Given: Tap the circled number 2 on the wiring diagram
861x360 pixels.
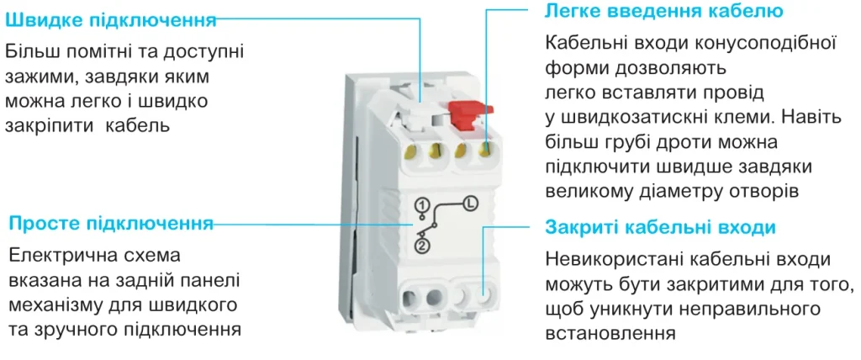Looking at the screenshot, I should (422, 245).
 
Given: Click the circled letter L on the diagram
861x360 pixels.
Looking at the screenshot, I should (470, 203).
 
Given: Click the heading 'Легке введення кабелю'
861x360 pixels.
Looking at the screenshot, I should (664, 12).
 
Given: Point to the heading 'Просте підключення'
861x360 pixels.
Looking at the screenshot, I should (110, 224).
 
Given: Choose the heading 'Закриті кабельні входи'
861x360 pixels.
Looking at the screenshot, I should (660, 228).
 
